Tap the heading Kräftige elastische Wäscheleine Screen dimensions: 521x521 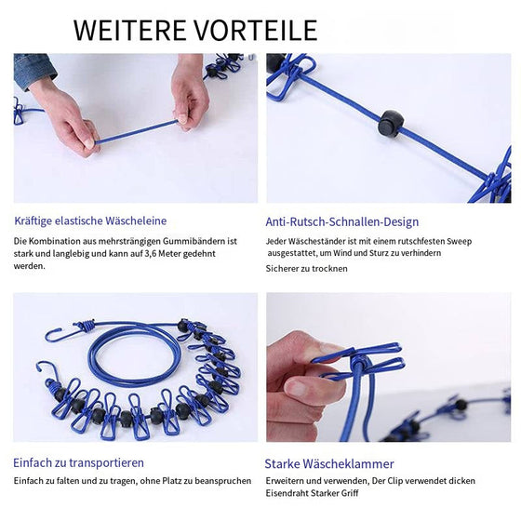90,221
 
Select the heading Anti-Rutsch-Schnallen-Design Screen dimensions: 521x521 341,222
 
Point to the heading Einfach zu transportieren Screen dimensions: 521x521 78,462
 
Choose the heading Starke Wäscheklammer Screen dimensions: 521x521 328,463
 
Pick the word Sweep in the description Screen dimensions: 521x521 458,241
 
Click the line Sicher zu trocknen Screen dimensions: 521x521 306,269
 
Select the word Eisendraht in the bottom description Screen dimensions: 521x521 289,494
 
